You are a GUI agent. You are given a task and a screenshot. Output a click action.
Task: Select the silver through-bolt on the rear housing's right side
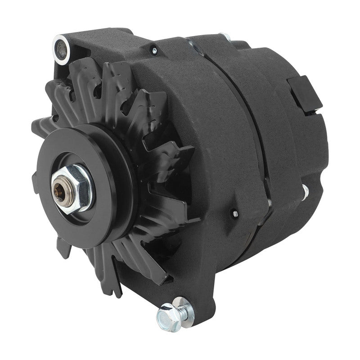(305, 192)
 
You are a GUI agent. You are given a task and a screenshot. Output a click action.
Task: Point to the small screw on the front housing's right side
(235, 213)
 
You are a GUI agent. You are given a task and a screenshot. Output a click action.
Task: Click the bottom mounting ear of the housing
(198, 288)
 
